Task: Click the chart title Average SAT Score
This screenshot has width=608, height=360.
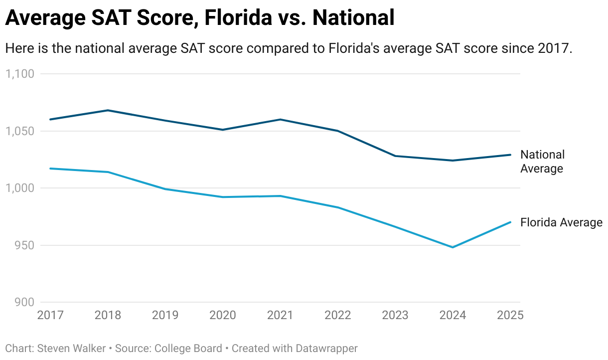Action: click(x=199, y=18)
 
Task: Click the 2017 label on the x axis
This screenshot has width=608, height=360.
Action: click(x=50, y=315)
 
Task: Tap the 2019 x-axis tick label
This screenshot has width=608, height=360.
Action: click(x=165, y=315)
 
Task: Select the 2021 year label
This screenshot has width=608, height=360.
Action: click(x=280, y=315)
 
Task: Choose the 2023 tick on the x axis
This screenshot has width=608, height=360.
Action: click(x=395, y=315)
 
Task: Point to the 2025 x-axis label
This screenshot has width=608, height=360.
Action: click(x=510, y=315)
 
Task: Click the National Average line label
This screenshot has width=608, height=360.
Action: click(x=542, y=162)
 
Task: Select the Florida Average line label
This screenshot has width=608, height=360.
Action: click(x=561, y=222)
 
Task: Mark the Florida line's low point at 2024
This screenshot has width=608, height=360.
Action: click(x=453, y=247)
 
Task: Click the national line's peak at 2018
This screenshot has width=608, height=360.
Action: click(x=108, y=110)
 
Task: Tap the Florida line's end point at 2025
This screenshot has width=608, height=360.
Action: click(x=510, y=222)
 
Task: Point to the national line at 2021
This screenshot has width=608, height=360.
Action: click(x=280, y=120)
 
